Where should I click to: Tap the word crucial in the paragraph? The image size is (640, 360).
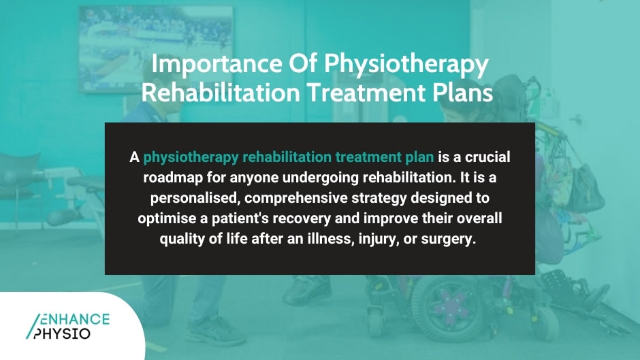tap(486, 157)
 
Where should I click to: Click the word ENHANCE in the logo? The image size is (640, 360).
tap(74, 318)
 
